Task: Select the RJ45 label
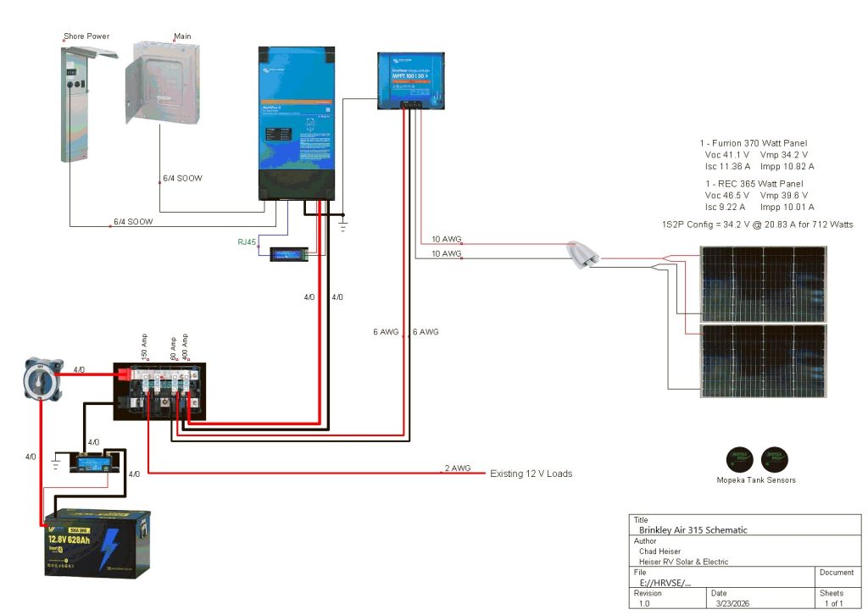coord(247,242)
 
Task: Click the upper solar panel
coord(763,284)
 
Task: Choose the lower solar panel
coord(763,360)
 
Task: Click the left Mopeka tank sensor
coord(740,459)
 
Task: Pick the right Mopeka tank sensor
coord(774,459)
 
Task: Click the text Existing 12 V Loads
coord(531,474)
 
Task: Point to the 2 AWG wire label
coord(457,468)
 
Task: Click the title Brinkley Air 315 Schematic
coord(693,529)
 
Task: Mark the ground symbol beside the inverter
coord(342,224)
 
